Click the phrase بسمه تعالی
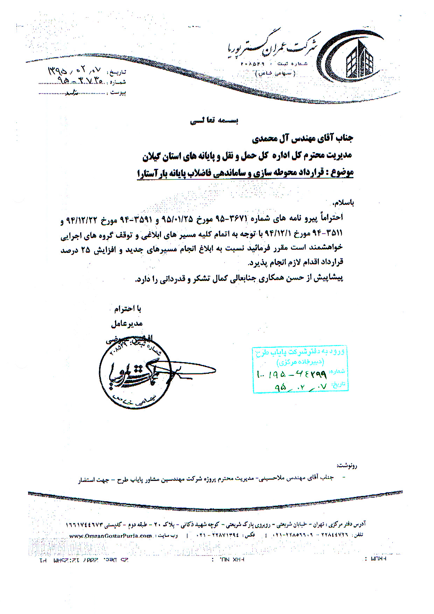[214, 121]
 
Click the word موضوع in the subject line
[341, 173]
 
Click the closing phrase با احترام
[128, 309]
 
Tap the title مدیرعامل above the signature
[126, 324]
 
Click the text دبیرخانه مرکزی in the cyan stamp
[300, 361]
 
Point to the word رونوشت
[347, 466]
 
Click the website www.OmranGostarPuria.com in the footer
[111, 536]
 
